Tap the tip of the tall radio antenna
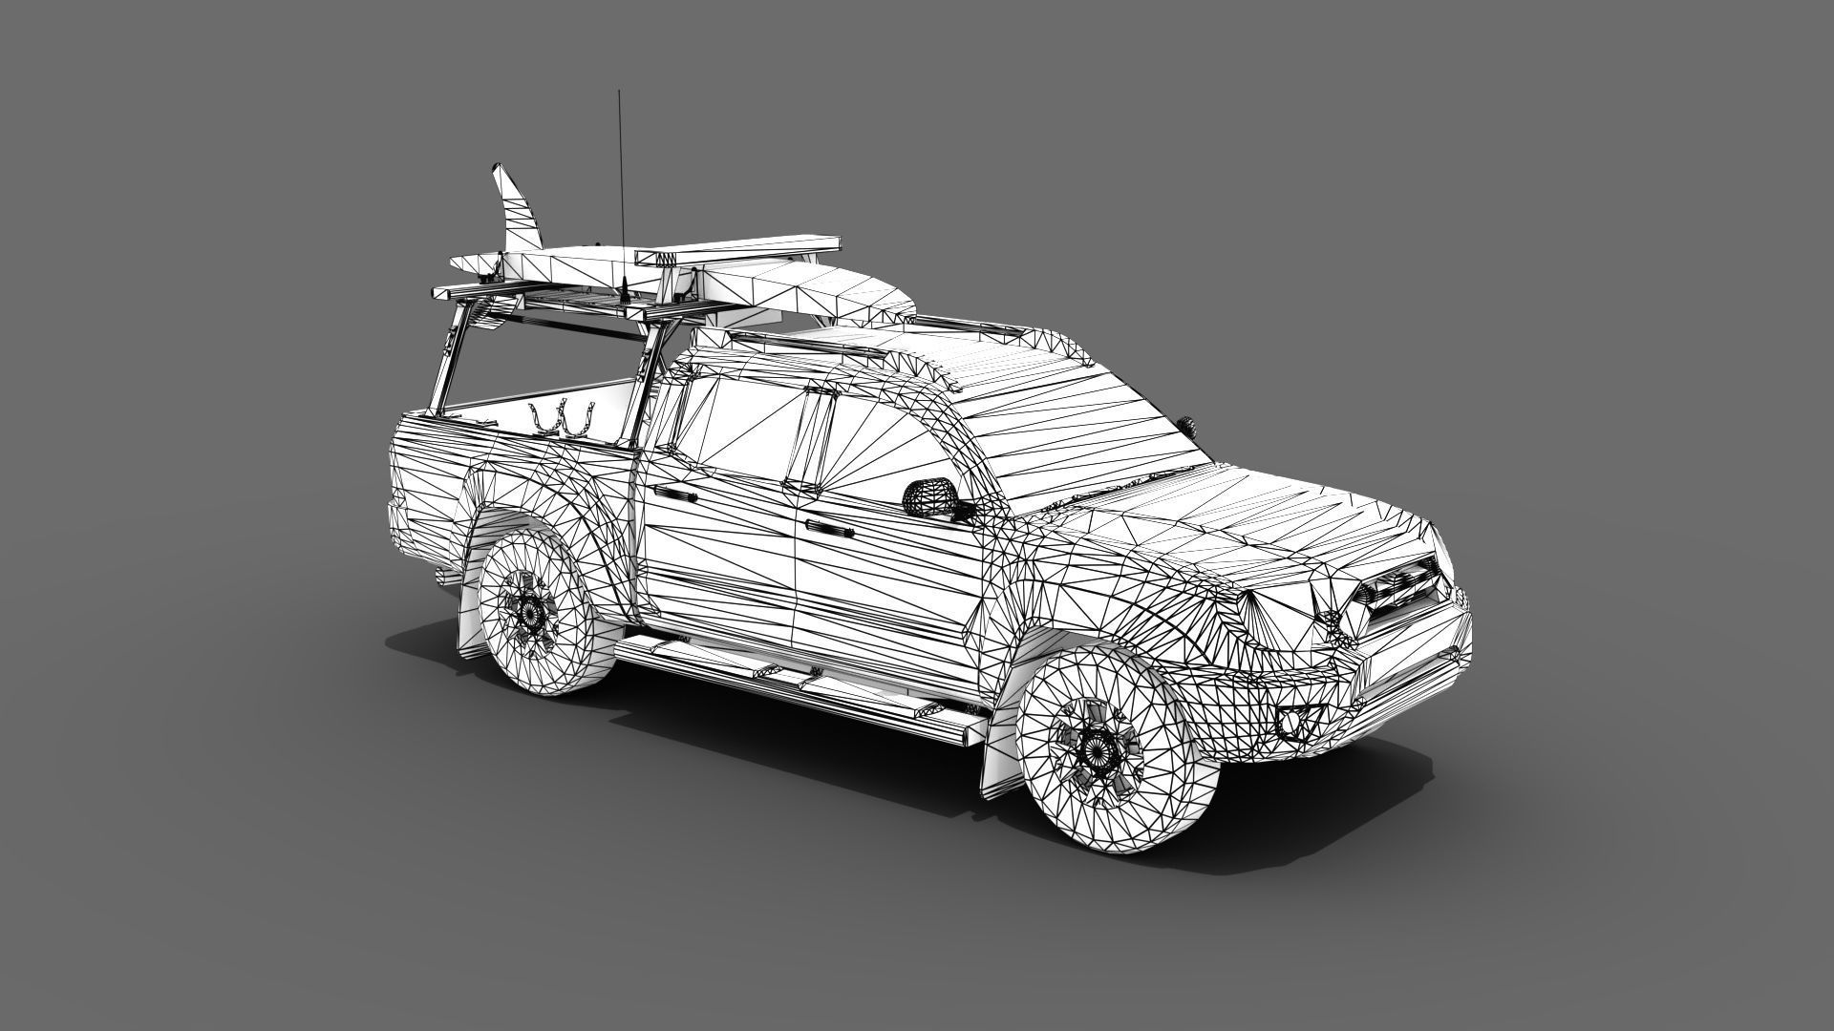click(x=619, y=94)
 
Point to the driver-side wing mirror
click(x=931, y=497)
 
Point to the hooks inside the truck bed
click(x=564, y=418)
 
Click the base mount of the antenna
click(x=622, y=287)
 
